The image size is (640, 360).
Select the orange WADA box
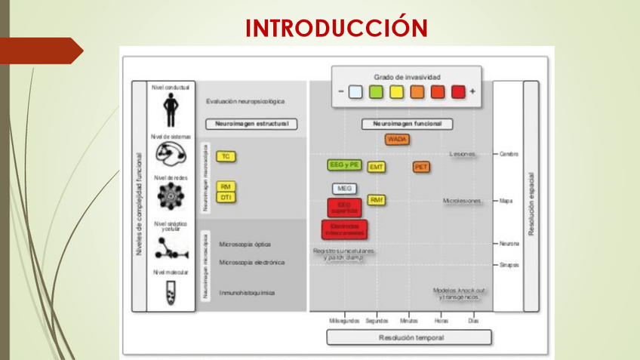pyautogui.click(x=397, y=140)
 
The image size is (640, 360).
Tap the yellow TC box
pyautogui.click(x=226, y=156)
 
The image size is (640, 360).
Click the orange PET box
pyautogui.click(x=421, y=167)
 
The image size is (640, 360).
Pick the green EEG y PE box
pyautogui.click(x=345, y=165)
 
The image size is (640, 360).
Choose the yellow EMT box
pyautogui.click(x=377, y=167)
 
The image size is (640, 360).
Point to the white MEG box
pyautogui.click(x=344, y=188)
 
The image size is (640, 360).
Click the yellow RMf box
pyautogui.click(x=377, y=200)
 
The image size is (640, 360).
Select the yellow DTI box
pyautogui.click(x=226, y=197)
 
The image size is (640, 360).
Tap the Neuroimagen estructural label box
pyautogui.click(x=251, y=124)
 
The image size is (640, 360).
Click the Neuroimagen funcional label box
pyautogui.click(x=407, y=124)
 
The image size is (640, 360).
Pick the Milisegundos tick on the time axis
pyautogui.click(x=344, y=320)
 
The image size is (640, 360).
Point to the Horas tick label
pyautogui.click(x=441, y=320)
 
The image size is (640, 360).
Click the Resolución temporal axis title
pyautogui.click(x=411, y=337)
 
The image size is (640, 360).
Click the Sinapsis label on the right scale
pyautogui.click(x=509, y=265)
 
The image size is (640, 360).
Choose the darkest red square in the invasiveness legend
pyautogui.click(x=458, y=92)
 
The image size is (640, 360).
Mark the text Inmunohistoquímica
pyautogui.click(x=247, y=292)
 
